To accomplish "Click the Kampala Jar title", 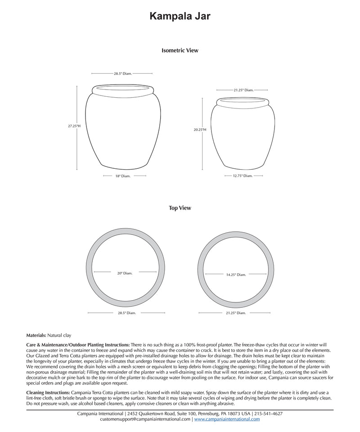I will tap(180, 17).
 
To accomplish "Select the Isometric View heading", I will tap(180, 51).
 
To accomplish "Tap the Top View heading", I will tap(180, 208).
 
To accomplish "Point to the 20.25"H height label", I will tap(200, 130).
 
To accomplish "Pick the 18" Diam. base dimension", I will tap(122, 176).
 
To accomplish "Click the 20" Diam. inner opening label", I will tap(125, 273).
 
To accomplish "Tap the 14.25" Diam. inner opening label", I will tap(236, 274).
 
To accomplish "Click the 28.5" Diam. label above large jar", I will tap(122, 73).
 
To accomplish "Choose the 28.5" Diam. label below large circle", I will tap(125, 312).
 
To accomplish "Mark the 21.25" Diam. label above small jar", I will tap(243, 90).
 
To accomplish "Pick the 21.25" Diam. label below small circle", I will tap(236, 312).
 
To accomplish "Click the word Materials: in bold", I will tap(36, 335).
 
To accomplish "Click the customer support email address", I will tap(145, 419).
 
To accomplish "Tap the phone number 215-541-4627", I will tap(269, 413).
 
